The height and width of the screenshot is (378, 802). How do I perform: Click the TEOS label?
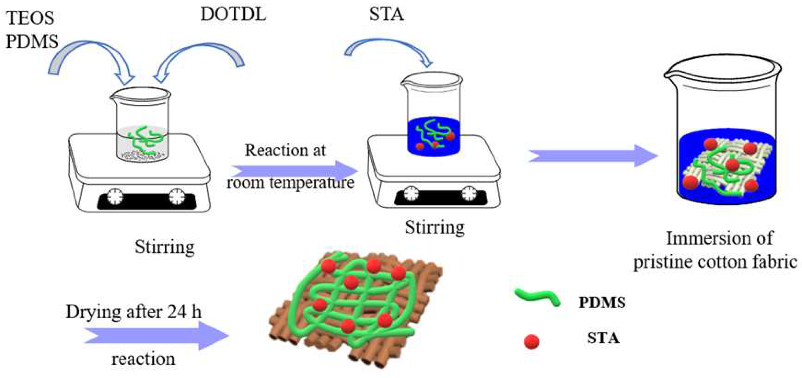(30, 18)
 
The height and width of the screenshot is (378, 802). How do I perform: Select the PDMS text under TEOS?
(32, 41)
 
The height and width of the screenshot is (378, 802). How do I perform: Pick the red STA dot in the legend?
(531, 341)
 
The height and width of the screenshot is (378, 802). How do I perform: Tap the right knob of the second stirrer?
(469, 194)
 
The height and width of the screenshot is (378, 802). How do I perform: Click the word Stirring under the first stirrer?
(165, 247)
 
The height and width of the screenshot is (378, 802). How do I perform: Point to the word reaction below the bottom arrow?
(143, 359)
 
